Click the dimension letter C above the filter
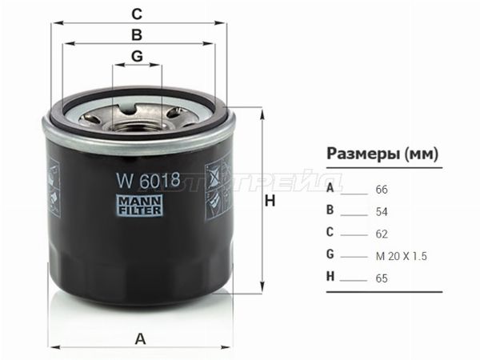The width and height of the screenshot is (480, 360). pyautogui.click(x=137, y=14)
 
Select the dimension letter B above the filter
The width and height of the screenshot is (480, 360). pyautogui.click(x=137, y=35)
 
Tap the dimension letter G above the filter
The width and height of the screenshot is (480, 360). pyautogui.click(x=137, y=56)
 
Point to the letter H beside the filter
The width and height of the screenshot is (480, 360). pyautogui.click(x=270, y=202)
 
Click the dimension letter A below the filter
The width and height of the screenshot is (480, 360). pyautogui.click(x=141, y=337)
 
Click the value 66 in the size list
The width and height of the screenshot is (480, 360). pyautogui.click(x=381, y=190)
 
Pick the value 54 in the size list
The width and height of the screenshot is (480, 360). pyautogui.click(x=381, y=212)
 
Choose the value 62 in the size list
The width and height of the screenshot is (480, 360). pyautogui.click(x=381, y=234)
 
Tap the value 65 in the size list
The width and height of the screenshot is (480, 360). pyautogui.click(x=381, y=279)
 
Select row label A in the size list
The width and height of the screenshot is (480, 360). pyautogui.click(x=330, y=190)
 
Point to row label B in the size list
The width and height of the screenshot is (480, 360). pyautogui.click(x=330, y=212)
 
